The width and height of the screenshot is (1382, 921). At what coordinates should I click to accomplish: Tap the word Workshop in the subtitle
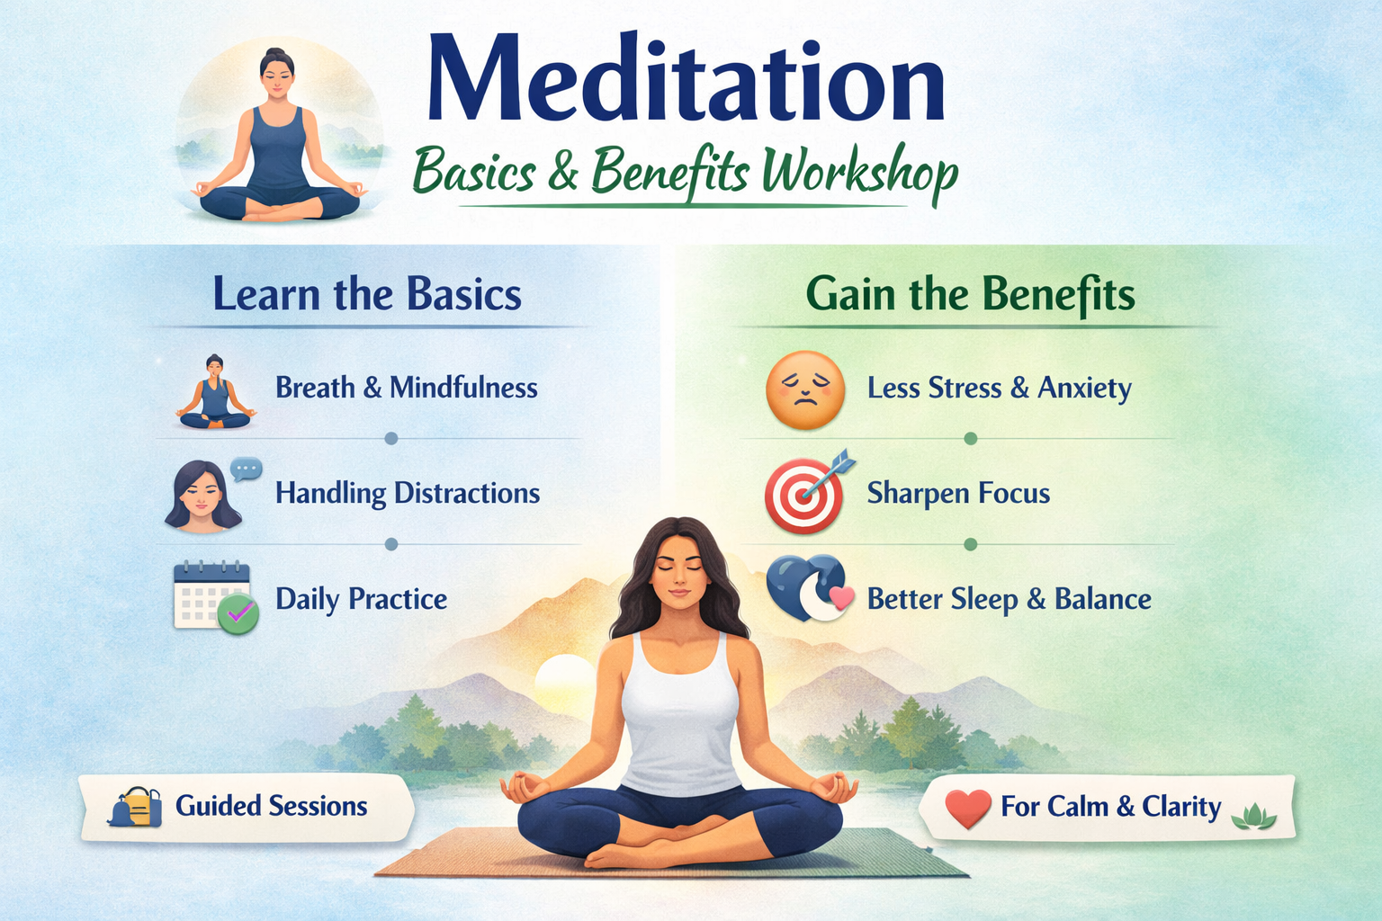(x=858, y=171)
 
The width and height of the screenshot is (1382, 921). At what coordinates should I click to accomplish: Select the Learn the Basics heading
(x=367, y=294)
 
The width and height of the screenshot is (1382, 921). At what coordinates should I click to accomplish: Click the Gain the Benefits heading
(x=970, y=294)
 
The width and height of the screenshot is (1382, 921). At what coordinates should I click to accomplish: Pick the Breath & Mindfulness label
(x=406, y=388)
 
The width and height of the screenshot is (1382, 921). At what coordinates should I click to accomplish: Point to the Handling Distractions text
(x=407, y=493)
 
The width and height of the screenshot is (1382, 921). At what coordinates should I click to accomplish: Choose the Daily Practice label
(x=361, y=599)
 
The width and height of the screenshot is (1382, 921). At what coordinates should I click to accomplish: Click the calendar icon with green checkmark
(x=214, y=596)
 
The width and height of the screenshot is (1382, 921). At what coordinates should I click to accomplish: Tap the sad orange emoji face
(x=804, y=389)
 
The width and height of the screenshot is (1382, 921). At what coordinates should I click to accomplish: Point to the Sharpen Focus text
(x=958, y=493)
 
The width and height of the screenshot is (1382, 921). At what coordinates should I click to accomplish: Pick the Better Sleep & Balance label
(x=1009, y=599)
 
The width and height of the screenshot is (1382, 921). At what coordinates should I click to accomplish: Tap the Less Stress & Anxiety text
(x=999, y=388)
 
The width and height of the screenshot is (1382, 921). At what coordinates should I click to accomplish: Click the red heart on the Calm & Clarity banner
(x=968, y=808)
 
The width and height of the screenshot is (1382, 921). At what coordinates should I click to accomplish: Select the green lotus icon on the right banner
(x=1253, y=815)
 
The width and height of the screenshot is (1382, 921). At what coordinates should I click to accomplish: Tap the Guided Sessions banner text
(x=271, y=806)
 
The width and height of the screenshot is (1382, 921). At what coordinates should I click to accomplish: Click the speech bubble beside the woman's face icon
(x=246, y=469)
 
